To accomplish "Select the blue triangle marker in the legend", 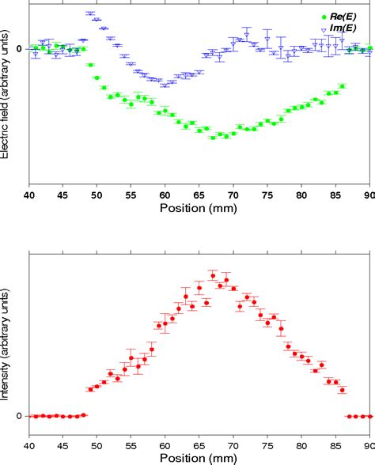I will pos(322,29).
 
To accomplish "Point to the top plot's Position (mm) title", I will pos(199,209).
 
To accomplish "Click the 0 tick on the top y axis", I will pos(20,49).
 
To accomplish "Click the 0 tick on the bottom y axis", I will pos(20,417).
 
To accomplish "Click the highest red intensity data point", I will pos(213,274).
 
